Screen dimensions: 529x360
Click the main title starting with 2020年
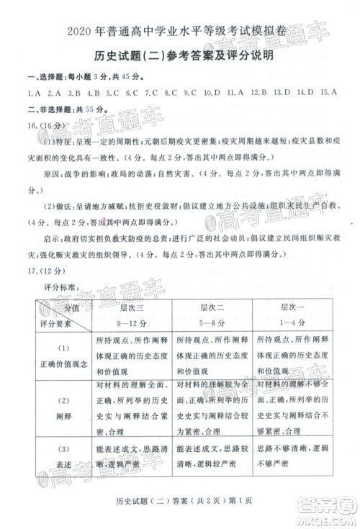(x=179, y=32)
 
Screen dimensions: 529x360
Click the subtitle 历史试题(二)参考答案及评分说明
(x=179, y=58)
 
